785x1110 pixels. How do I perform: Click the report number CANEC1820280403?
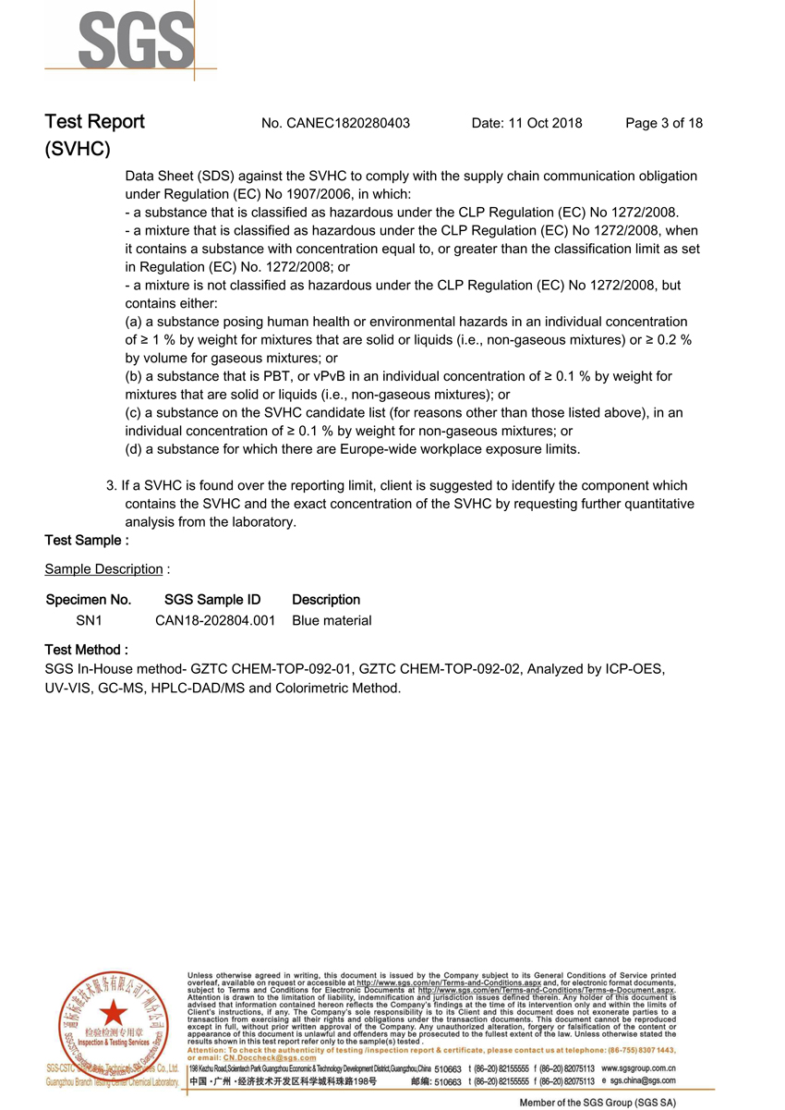pos(348,123)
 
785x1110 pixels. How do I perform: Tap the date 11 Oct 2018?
pos(526,123)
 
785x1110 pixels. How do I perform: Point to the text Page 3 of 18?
pos(664,123)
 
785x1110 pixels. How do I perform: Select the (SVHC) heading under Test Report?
pos(78,149)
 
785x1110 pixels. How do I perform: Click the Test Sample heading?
pos(87,540)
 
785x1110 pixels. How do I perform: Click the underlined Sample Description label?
pos(103,569)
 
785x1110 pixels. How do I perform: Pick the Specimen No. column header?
pos(89,600)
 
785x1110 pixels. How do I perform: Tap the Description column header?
pos(326,600)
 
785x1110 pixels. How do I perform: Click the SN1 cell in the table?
pos(89,621)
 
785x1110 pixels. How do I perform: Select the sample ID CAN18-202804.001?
pos(215,621)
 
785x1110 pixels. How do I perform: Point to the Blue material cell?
pos(332,621)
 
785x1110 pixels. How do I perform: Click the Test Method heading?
pos(87,651)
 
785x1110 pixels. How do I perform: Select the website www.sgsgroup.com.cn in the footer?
pos(638,1068)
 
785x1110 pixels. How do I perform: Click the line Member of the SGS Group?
pos(598,1103)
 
